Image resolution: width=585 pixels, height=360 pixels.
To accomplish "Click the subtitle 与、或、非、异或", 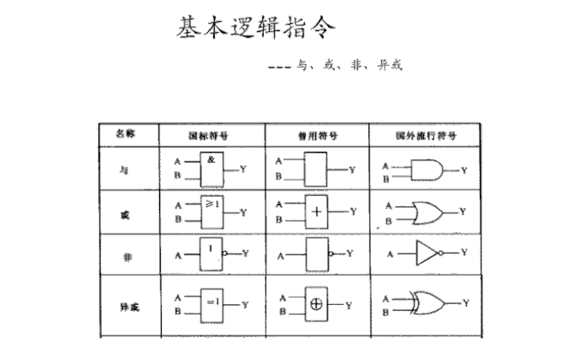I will point(344,66).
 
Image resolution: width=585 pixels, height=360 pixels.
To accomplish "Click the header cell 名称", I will point(125,134).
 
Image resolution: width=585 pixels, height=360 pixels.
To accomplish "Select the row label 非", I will point(125,258).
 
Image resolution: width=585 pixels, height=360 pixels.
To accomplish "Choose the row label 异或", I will point(125,305).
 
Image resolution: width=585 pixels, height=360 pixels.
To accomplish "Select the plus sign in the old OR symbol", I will point(316,212).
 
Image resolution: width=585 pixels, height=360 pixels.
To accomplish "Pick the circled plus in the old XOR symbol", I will point(316,303).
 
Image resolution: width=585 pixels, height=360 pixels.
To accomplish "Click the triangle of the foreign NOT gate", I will point(427,252).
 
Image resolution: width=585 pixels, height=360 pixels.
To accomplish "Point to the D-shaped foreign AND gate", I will point(426,170).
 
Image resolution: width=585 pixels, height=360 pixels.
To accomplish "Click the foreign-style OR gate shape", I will point(427,212).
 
